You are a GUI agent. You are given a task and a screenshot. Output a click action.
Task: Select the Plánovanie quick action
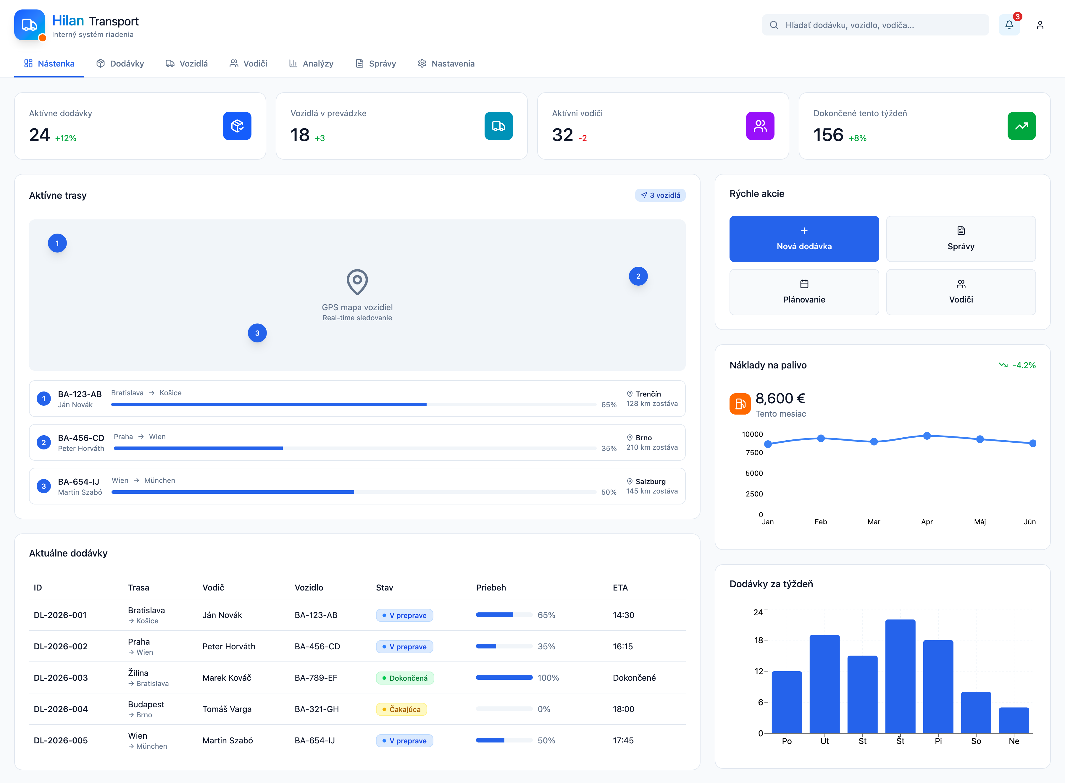tap(804, 292)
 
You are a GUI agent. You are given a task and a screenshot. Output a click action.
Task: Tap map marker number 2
tap(638, 276)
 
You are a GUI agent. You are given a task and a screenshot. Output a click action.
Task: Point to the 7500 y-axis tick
tap(754, 453)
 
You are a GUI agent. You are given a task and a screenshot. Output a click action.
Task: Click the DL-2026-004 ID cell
tap(61, 709)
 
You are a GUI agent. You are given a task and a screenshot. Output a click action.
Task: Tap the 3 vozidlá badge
tap(660, 195)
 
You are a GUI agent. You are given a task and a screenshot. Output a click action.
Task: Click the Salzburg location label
tap(650, 482)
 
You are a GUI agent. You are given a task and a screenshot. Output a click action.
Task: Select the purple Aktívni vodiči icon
tap(760, 126)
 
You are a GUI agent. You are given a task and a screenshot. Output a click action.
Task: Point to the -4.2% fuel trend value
tap(1024, 365)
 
